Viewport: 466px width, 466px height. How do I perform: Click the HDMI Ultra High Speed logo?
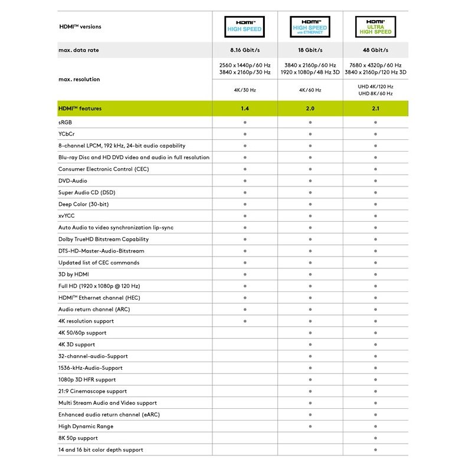pyautogui.click(x=375, y=27)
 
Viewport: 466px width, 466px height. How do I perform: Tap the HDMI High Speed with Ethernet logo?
pyautogui.click(x=310, y=27)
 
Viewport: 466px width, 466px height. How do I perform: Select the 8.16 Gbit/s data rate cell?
pyautogui.click(x=245, y=50)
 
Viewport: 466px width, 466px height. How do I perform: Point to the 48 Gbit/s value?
pyautogui.click(x=375, y=50)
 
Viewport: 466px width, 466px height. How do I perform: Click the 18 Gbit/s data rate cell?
pyautogui.click(x=310, y=50)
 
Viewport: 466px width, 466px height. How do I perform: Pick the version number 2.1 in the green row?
pyautogui.click(x=375, y=109)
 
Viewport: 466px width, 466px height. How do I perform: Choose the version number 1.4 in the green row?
pyautogui.click(x=245, y=109)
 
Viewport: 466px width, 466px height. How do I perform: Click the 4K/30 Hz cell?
pyautogui.click(x=245, y=90)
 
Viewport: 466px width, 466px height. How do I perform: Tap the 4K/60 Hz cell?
pyautogui.click(x=310, y=90)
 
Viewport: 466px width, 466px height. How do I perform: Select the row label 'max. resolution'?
pyautogui.click(x=79, y=79)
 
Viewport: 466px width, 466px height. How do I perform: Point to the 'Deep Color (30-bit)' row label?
pyautogui.click(x=83, y=204)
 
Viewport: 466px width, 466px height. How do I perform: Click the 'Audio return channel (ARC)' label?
pyautogui.click(x=94, y=309)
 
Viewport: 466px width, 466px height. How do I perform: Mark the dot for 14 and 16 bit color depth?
pyautogui.click(x=375, y=450)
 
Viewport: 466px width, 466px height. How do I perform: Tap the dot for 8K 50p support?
pyautogui.click(x=375, y=438)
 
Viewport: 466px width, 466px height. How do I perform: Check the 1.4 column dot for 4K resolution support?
pyautogui.click(x=245, y=321)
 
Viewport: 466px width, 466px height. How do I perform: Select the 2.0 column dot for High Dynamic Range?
pyautogui.click(x=310, y=426)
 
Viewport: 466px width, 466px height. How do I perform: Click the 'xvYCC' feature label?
pyautogui.click(x=66, y=216)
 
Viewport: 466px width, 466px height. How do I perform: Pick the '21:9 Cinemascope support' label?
pyautogui.click(x=93, y=391)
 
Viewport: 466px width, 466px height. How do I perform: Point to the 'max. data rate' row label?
pyautogui.click(x=78, y=50)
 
